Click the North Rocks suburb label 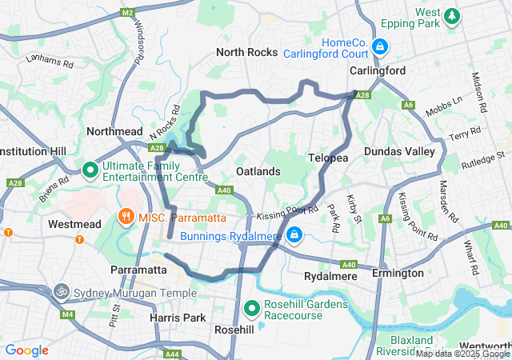[x=247, y=53]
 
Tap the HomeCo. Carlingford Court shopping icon [x=382, y=48]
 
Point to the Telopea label [x=328, y=158]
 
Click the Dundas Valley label [x=399, y=151]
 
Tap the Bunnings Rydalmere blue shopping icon [x=294, y=234]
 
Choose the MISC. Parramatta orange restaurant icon [x=126, y=217]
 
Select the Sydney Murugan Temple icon [x=62, y=292]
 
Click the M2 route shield [x=128, y=13]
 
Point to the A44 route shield [x=171, y=354]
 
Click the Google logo [x=26, y=350]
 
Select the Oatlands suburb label [x=258, y=171]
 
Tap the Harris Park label [x=178, y=318]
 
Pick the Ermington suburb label [x=398, y=274]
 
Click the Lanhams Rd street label [x=49, y=58]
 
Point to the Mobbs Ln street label [x=445, y=106]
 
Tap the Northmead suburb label [x=114, y=131]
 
